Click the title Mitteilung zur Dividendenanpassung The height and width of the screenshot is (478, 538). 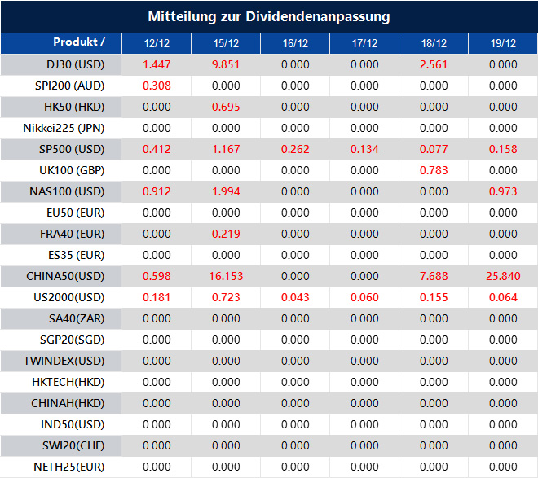(x=269, y=16)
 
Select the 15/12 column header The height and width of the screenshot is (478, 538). (x=226, y=43)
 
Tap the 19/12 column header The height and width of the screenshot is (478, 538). (x=503, y=43)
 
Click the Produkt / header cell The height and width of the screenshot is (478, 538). (x=79, y=42)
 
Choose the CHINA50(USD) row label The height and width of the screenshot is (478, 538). (x=65, y=276)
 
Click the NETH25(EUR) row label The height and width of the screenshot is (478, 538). (x=68, y=467)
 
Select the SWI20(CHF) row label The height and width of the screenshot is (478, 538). (x=73, y=445)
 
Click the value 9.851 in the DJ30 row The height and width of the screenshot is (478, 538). (x=226, y=64)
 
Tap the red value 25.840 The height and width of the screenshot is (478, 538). (x=503, y=276)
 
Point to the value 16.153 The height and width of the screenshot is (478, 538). (x=226, y=276)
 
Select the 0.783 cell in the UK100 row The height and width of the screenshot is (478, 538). (x=434, y=170)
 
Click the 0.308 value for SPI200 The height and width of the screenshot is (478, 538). (x=157, y=86)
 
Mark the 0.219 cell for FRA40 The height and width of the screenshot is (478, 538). (x=226, y=234)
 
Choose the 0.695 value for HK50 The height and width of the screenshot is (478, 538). (x=226, y=107)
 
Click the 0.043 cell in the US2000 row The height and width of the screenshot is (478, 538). (x=295, y=297)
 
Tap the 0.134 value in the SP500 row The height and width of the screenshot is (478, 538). (x=364, y=149)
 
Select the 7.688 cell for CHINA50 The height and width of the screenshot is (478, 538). (x=434, y=276)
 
